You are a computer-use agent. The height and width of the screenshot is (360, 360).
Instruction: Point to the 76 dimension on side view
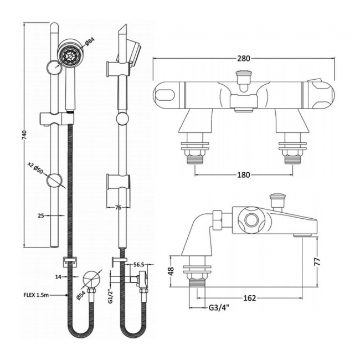pyautogui.click(x=117, y=208)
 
